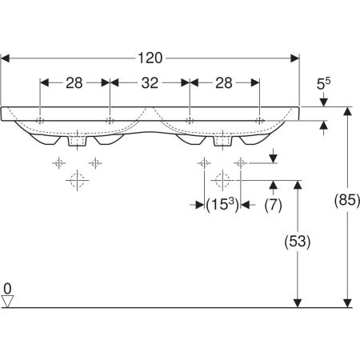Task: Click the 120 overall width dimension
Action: (150, 58)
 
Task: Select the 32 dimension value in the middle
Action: (150, 83)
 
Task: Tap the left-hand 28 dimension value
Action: (74, 83)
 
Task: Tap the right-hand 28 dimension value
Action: (224, 83)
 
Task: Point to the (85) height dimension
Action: (347, 200)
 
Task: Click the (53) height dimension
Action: (298, 242)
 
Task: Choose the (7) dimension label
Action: (273, 205)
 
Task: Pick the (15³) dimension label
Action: (222, 205)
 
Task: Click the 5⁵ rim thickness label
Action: (323, 83)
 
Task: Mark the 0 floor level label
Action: (7, 289)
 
